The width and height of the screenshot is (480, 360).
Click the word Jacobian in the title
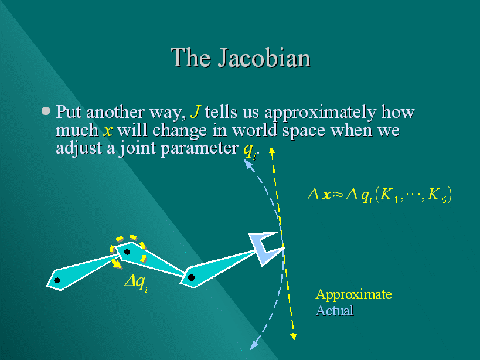[264, 58]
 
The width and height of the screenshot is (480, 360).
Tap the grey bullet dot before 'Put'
[46, 111]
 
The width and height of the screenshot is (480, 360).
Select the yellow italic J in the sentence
[195, 111]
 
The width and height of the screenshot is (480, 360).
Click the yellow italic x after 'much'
[108, 131]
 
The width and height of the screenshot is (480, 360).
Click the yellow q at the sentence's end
[249, 150]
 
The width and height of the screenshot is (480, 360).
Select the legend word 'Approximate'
[353, 294]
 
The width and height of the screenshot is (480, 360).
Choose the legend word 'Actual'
[335, 310]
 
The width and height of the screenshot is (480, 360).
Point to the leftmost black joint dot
[57, 280]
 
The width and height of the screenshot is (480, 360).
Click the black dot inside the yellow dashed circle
[127, 252]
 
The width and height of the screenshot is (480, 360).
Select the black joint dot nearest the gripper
[191, 277]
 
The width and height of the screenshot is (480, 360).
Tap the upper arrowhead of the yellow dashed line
[271, 150]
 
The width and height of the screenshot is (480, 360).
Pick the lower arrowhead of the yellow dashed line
[294, 337]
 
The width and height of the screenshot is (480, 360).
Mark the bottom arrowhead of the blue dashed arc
[253, 345]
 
